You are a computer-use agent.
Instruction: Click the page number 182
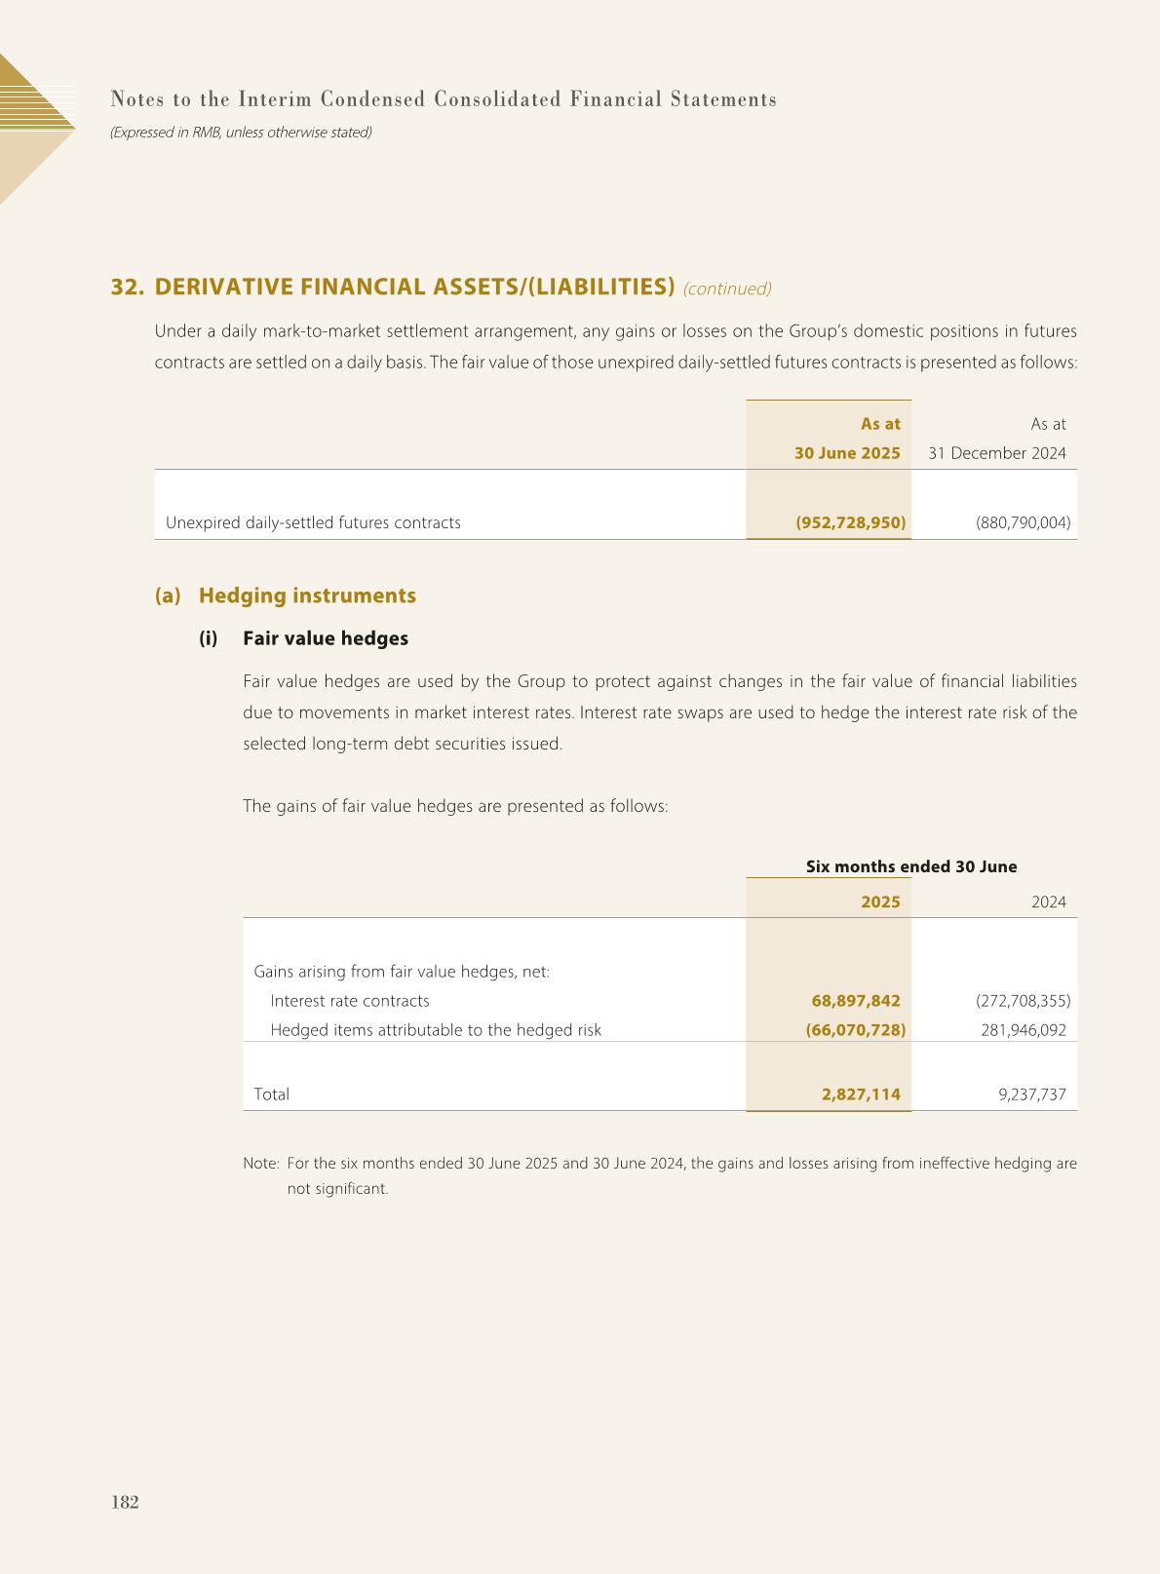125,1502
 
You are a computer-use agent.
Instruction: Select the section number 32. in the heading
128,287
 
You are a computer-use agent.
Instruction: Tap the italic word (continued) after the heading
727,288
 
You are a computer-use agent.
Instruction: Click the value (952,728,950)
851,522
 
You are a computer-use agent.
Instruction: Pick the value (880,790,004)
1023,522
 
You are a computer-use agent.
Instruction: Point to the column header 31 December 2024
996,453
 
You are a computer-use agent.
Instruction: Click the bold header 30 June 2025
847,453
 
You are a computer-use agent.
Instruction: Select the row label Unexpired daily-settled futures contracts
313,522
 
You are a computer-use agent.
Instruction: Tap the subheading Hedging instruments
307,595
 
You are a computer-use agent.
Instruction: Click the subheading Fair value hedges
326,638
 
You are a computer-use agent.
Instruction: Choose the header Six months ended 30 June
911,866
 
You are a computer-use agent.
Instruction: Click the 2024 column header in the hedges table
1048,902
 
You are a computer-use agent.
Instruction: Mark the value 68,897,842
856,1001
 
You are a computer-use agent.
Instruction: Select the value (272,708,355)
1023,1001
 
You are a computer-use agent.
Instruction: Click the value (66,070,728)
856,1030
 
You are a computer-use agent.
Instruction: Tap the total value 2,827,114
861,1094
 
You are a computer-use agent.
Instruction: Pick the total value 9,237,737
1032,1094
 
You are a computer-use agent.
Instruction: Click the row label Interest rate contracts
349,1001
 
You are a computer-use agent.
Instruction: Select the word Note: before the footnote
261,1164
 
